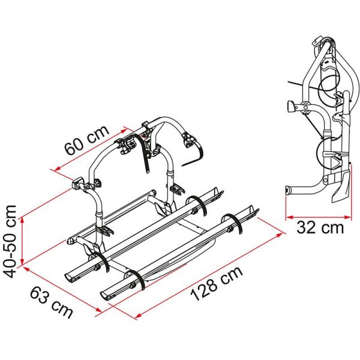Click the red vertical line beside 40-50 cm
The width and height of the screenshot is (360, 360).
click(22, 241)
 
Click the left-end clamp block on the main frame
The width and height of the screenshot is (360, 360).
click(78, 182)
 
